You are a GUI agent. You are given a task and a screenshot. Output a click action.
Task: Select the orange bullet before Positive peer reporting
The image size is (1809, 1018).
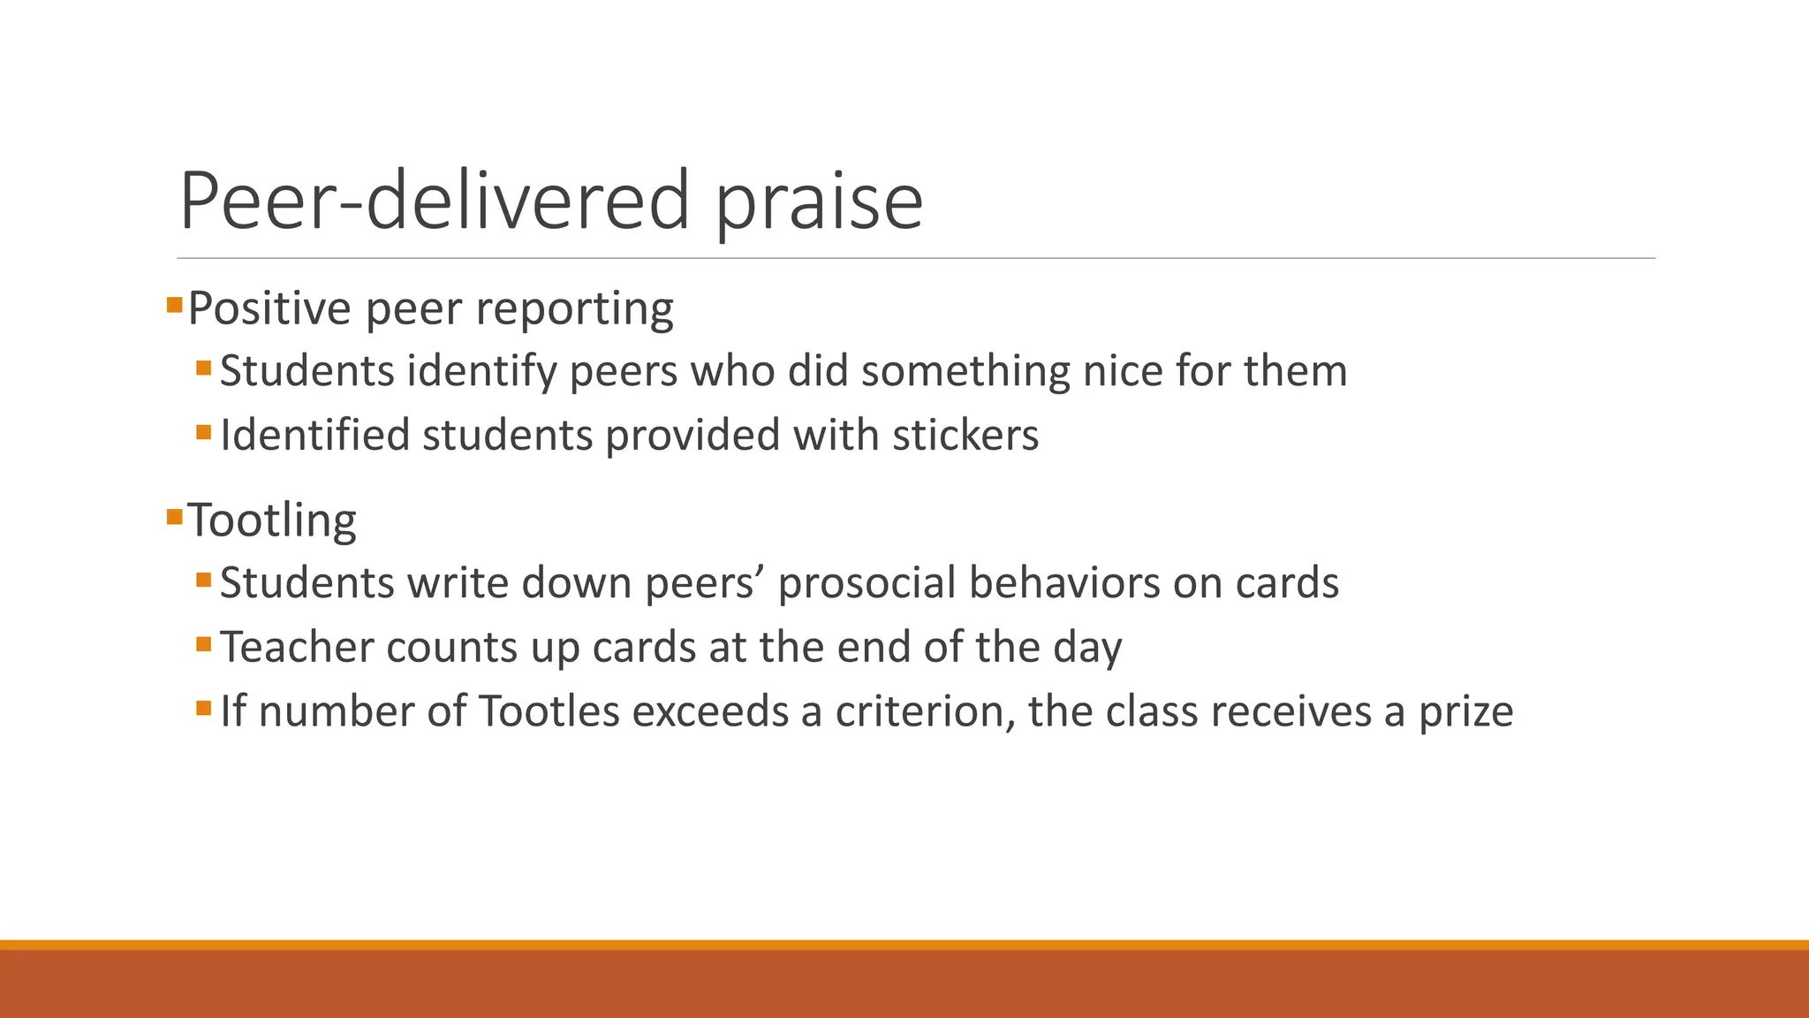[174, 306]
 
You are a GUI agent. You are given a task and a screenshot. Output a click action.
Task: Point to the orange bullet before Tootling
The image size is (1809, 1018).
[174, 516]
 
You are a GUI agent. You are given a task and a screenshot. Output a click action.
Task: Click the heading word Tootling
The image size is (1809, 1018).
[272, 520]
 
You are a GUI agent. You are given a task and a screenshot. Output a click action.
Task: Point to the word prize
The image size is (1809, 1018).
[1465, 712]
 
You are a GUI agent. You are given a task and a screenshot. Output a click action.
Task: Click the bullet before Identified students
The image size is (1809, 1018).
[204, 432]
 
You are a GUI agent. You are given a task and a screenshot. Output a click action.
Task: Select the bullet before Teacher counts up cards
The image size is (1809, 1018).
[204, 644]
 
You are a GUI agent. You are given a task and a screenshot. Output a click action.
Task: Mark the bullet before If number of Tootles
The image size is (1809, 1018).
[204, 708]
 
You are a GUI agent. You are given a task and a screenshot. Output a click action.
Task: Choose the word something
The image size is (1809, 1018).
[965, 371]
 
